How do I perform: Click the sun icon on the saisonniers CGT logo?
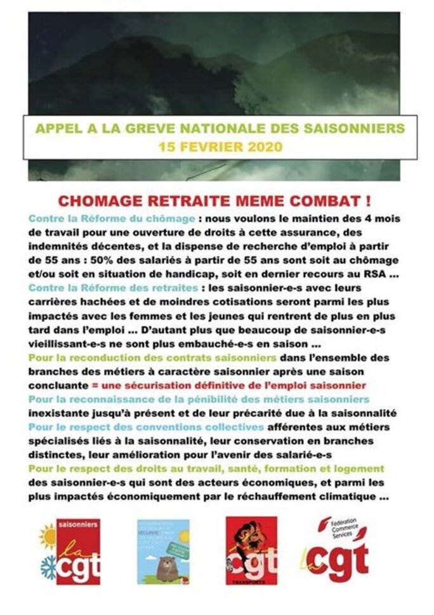tap(47, 534)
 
